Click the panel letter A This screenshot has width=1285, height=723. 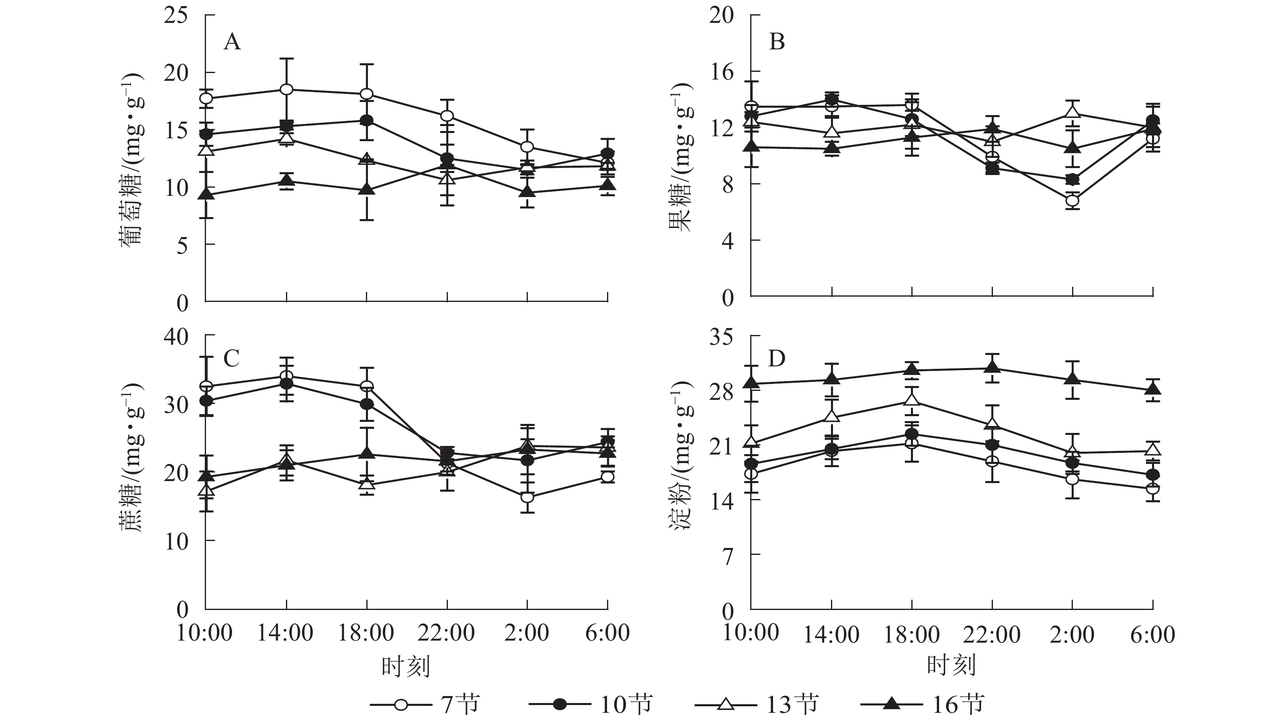[x=232, y=42]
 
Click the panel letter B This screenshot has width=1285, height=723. [x=777, y=42]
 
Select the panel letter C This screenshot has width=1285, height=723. [x=231, y=358]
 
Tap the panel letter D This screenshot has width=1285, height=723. [x=777, y=358]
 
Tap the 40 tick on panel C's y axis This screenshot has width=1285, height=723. [x=176, y=337]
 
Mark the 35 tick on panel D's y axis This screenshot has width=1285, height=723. [x=722, y=338]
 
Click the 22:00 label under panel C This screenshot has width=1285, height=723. [x=446, y=633]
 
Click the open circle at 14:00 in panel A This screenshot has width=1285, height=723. [x=286, y=90]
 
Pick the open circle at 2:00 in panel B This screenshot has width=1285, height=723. [x=1072, y=201]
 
